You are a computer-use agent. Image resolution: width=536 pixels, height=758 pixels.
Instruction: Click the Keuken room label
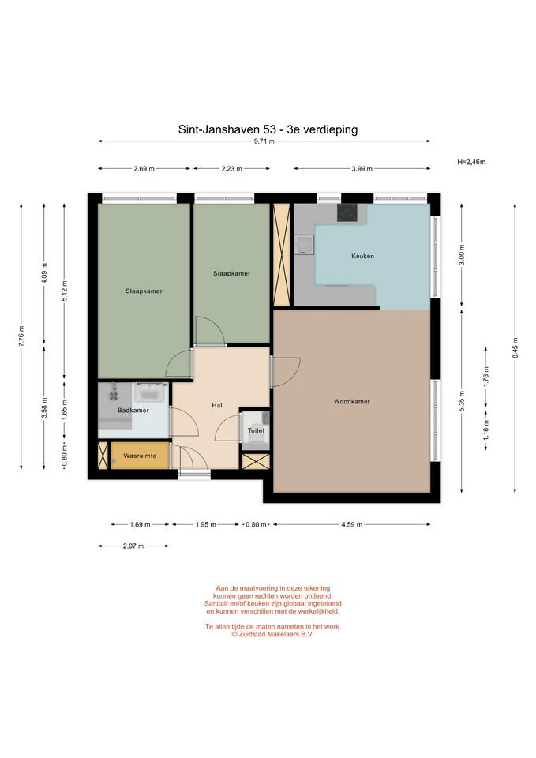click(x=362, y=256)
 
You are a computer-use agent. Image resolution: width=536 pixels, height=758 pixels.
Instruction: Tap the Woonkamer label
click(x=352, y=401)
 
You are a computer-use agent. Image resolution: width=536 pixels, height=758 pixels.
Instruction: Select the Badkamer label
click(x=133, y=411)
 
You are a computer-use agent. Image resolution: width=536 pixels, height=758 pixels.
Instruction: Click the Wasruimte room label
click(x=140, y=456)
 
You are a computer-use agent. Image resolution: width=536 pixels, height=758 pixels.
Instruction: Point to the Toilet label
click(x=256, y=431)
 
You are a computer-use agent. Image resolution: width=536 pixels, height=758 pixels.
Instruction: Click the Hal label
click(x=217, y=406)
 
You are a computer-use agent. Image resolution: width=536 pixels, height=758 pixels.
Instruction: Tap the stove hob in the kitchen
click(x=347, y=212)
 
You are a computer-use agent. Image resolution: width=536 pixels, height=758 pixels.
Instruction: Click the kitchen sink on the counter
click(x=305, y=245)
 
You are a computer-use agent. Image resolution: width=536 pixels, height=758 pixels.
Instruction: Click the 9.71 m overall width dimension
click(x=264, y=141)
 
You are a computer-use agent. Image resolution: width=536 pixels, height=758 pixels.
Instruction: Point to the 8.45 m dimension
click(x=515, y=348)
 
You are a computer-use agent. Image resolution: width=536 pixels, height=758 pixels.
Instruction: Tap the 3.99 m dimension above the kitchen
click(x=362, y=169)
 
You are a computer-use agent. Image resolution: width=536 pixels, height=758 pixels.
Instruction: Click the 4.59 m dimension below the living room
click(x=352, y=524)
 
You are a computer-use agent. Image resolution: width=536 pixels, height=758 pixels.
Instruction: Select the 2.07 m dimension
click(x=133, y=546)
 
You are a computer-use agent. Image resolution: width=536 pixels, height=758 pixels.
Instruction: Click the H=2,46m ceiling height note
click(x=471, y=162)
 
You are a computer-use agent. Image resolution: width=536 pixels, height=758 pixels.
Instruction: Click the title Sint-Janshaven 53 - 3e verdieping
click(x=268, y=129)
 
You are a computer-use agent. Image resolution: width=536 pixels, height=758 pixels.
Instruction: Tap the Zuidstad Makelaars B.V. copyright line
click(x=272, y=634)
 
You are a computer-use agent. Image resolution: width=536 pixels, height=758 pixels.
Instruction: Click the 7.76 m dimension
click(x=21, y=336)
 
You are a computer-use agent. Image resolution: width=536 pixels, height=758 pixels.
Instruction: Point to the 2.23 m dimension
click(x=231, y=169)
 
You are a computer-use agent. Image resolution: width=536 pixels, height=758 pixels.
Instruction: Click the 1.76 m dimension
click(x=486, y=376)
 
